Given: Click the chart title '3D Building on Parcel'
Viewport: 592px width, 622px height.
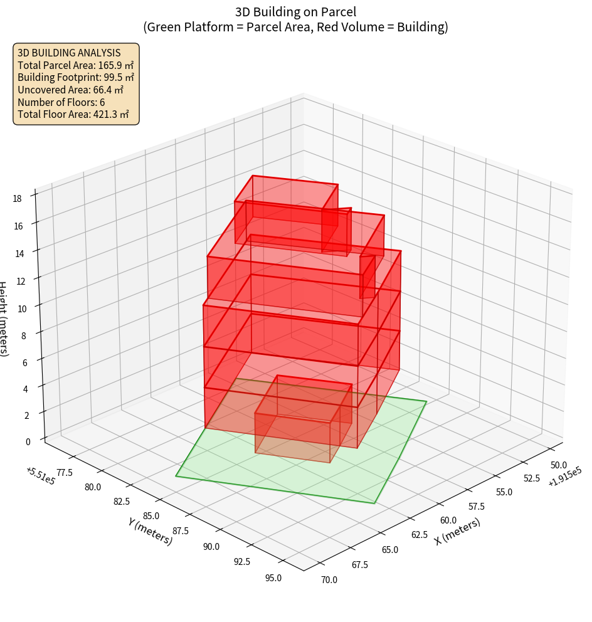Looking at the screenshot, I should point(296,11).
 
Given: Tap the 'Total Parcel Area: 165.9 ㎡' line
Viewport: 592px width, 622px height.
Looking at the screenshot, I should point(75,65).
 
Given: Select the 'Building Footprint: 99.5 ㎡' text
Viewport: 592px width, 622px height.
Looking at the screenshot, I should point(76,77).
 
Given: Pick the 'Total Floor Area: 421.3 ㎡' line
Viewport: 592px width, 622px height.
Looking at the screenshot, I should point(73,114).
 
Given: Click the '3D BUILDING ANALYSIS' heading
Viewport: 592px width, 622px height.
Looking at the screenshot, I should point(69,53).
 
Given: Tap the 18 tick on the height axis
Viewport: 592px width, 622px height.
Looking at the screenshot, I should point(17,199).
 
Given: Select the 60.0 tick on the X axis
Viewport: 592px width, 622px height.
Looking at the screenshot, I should point(448,520).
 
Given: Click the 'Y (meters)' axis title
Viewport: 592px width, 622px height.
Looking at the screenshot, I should point(150,531).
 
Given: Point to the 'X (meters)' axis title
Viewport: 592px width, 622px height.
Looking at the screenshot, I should point(457,532).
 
